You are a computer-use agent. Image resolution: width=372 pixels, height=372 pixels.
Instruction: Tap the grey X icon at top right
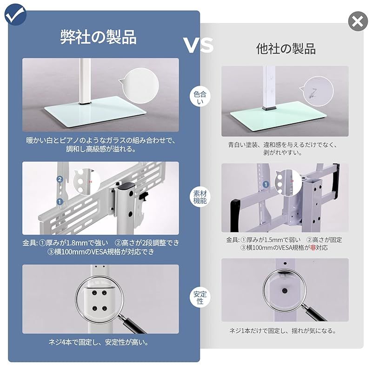(x=358, y=21)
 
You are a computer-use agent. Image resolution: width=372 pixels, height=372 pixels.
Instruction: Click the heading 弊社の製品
(x=99, y=37)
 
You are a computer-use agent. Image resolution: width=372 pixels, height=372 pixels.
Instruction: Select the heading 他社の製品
(x=286, y=49)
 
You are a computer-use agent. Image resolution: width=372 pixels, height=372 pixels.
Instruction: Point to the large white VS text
(x=198, y=45)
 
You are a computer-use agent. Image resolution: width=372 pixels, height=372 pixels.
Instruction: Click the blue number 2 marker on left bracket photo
(x=60, y=179)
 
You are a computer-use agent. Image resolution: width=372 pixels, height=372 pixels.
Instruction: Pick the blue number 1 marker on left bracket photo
(x=60, y=201)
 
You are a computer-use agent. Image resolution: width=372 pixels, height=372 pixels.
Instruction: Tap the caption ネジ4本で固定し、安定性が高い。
(x=100, y=343)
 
